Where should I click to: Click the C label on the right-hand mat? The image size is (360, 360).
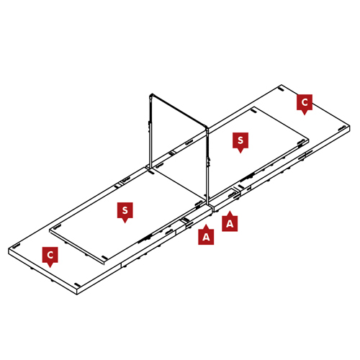click(x=305, y=104)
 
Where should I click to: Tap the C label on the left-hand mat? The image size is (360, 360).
click(x=50, y=256)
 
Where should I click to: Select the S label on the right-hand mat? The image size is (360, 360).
click(x=240, y=142)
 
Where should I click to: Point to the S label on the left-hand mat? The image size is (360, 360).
click(x=125, y=212)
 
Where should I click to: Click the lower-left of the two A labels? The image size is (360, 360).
click(x=206, y=235)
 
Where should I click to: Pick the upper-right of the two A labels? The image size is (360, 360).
click(x=230, y=222)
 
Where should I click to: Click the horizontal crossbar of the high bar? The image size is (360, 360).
click(x=179, y=111)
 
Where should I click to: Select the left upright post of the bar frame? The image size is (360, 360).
click(x=150, y=132)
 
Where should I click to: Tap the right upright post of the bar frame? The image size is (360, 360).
click(x=207, y=166)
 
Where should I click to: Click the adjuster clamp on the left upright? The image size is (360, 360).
click(x=150, y=125)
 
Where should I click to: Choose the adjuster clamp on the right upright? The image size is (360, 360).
click(x=209, y=162)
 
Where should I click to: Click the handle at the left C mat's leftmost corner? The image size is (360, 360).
click(x=16, y=246)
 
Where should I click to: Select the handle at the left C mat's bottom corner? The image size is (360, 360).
click(x=77, y=284)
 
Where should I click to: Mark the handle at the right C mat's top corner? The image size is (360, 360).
click(x=282, y=90)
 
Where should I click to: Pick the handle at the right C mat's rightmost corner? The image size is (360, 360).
click(x=342, y=128)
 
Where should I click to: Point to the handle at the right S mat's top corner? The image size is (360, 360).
click(x=253, y=110)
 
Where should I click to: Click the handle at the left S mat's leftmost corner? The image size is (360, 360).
click(x=57, y=226)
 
